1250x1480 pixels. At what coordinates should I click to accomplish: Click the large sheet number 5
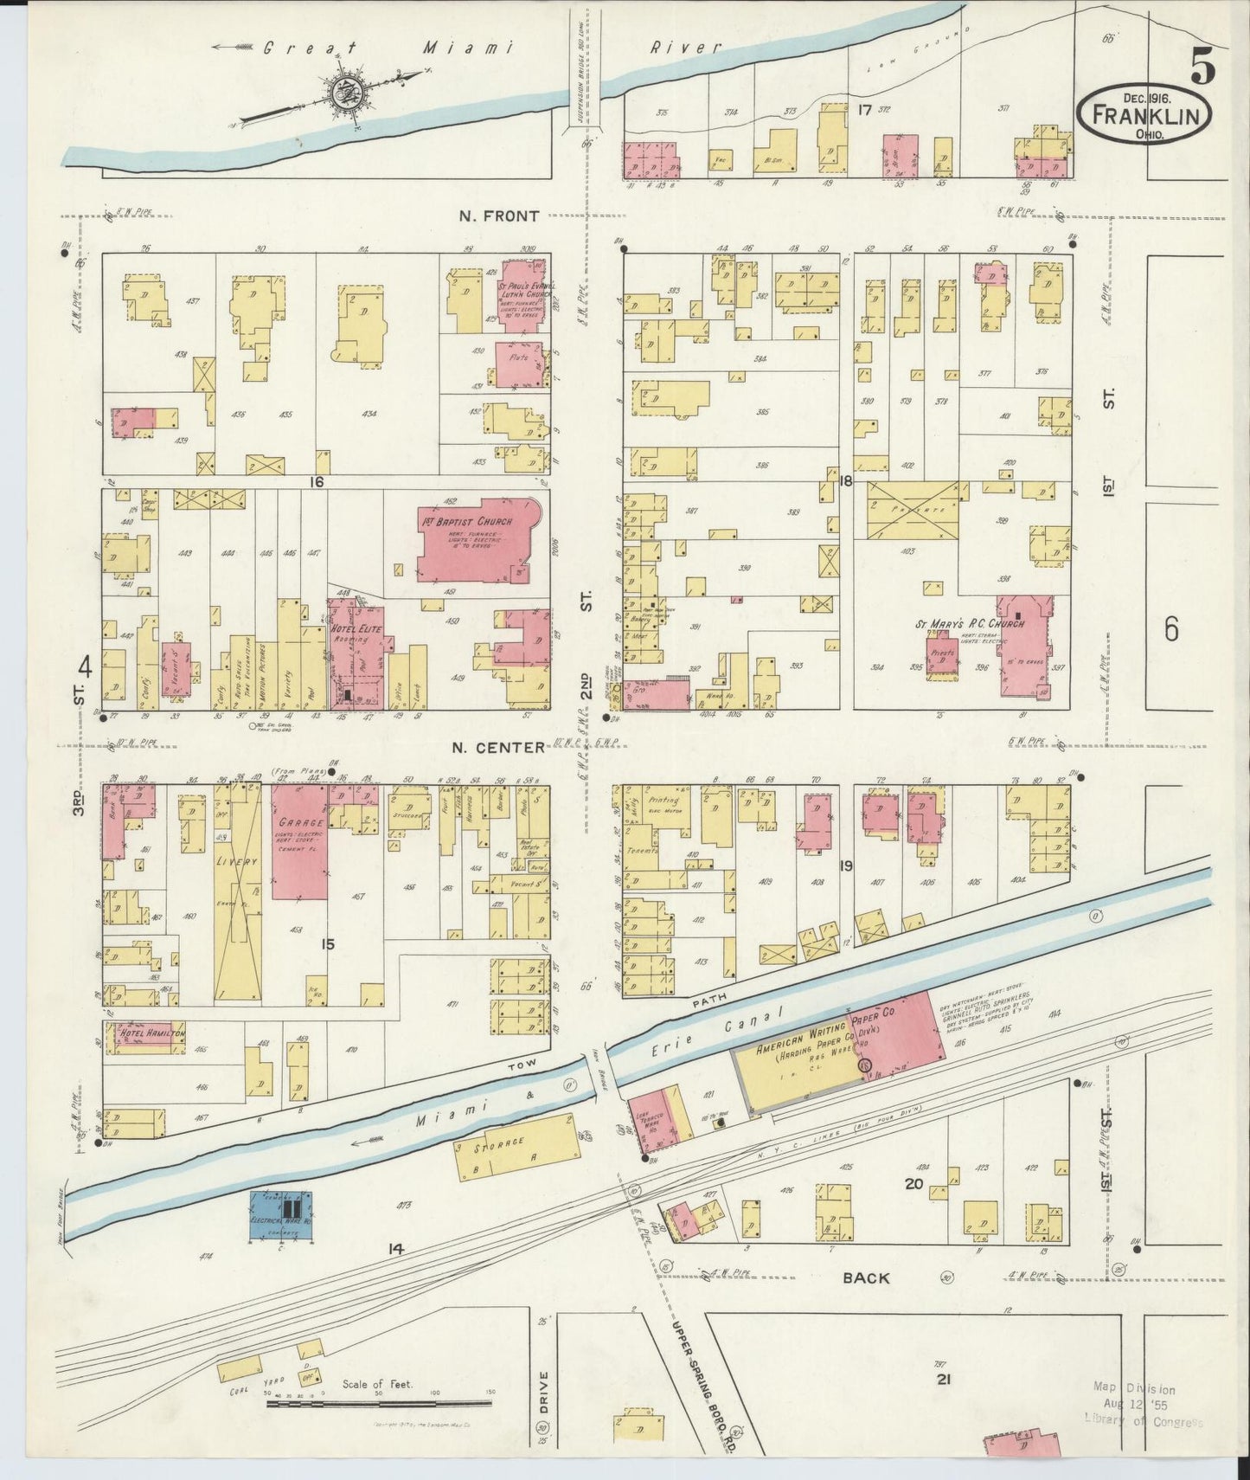1202,66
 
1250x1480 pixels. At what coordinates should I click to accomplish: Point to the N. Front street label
499,216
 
